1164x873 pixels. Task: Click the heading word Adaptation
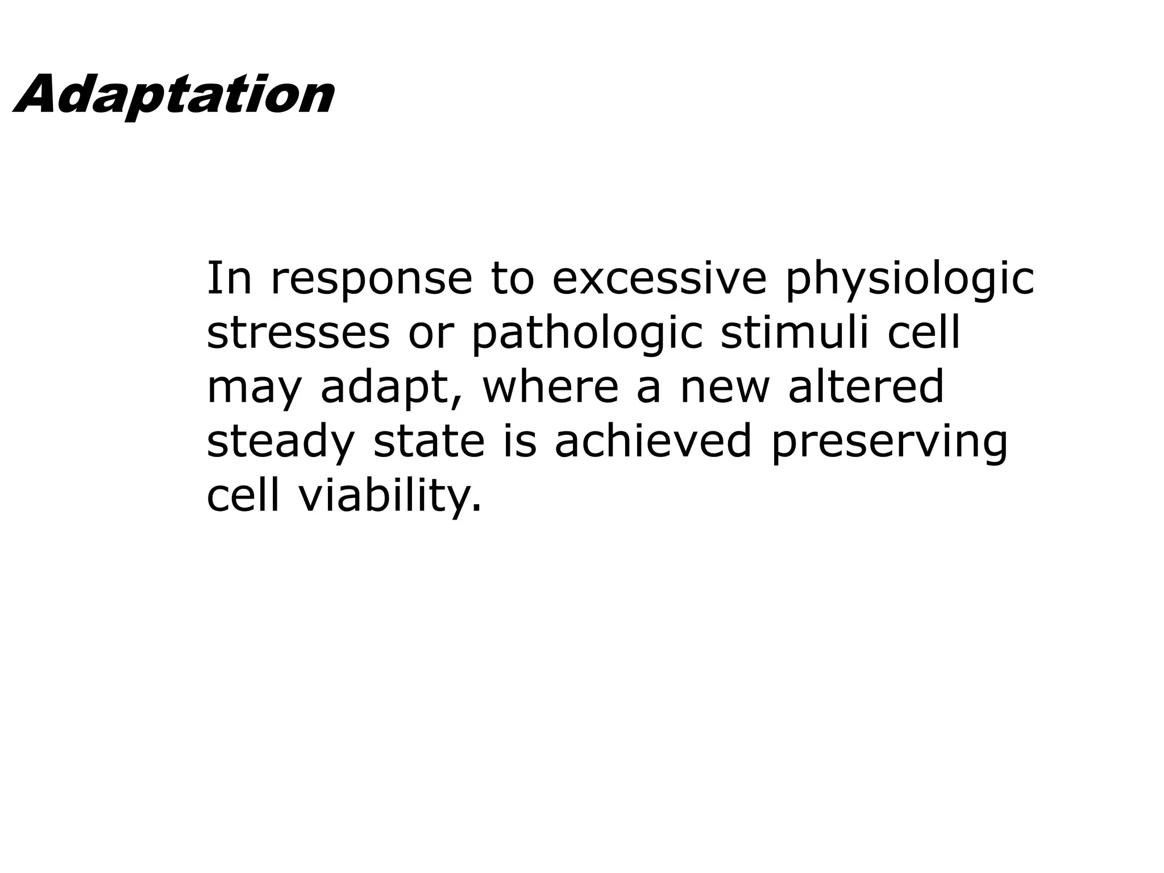(x=173, y=95)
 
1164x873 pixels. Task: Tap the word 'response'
(x=371, y=279)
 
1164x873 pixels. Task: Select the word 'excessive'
(x=659, y=279)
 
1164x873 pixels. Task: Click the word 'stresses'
(x=298, y=334)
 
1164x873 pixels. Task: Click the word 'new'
(x=725, y=389)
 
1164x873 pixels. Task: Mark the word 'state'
(x=429, y=442)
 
